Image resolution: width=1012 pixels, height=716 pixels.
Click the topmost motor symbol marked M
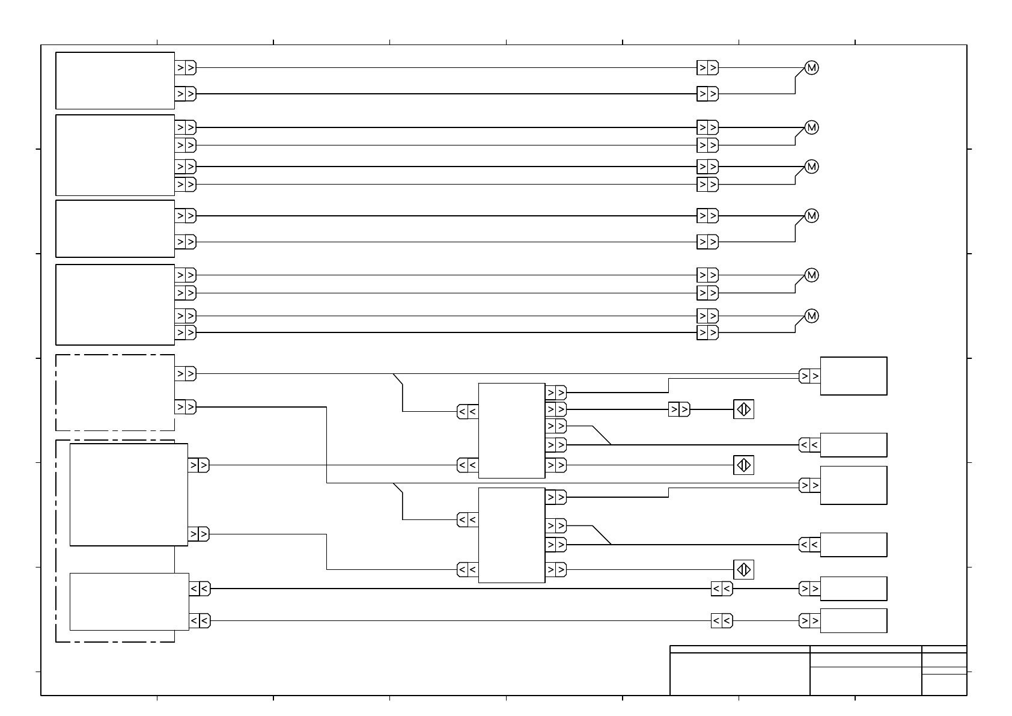click(811, 68)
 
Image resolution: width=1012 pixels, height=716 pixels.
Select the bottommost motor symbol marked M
click(811, 316)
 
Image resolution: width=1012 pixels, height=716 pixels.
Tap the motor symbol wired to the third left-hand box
click(811, 216)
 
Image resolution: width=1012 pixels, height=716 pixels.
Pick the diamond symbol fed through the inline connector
click(743, 409)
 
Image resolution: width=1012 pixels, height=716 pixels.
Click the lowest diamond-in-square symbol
click(743, 569)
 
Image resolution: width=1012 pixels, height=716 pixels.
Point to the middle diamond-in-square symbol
click(743, 465)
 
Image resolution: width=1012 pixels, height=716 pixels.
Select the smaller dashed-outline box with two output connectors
click(115, 393)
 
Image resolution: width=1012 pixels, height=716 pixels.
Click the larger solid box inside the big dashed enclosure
click(129, 495)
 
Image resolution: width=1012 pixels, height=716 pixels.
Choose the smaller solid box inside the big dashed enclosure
click(129, 602)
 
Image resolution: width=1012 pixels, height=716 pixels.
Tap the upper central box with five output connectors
click(511, 430)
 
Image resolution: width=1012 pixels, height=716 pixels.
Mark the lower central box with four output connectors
click(511, 535)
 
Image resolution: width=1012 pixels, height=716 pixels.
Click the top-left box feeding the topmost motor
click(115, 81)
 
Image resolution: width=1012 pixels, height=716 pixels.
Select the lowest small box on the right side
click(853, 620)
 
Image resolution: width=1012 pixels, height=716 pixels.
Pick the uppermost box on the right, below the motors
click(853, 376)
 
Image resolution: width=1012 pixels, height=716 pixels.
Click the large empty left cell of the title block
click(740, 674)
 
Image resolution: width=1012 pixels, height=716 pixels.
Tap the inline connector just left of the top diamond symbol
click(679, 410)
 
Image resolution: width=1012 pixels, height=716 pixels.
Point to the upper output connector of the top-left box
click(186, 68)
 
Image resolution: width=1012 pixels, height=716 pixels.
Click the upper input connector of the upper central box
click(468, 412)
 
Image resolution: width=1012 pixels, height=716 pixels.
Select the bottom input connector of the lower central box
click(468, 569)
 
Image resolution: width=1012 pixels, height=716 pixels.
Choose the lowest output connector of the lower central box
click(556, 569)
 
